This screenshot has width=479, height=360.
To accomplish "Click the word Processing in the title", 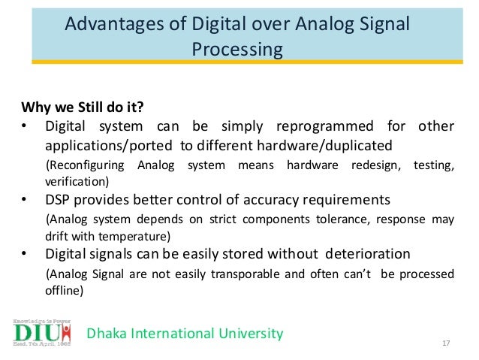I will [237, 50].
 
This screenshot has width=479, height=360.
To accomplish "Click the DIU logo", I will [42, 331].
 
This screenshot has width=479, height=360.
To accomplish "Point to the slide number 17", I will [446, 343].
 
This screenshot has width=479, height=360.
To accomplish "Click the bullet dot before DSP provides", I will [25, 200].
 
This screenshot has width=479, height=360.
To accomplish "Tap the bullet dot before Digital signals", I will [25, 254].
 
